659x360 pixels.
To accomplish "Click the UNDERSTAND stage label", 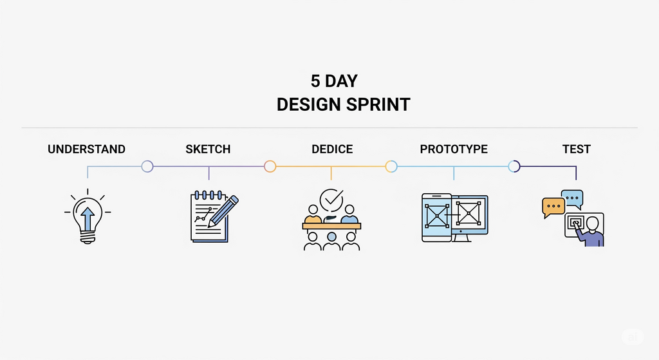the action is pyautogui.click(x=86, y=149).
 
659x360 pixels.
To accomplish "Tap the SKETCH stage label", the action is pyautogui.click(x=208, y=149).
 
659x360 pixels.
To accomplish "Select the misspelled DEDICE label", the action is pyautogui.click(x=332, y=149).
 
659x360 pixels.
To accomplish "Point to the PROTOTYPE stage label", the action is pyautogui.click(x=454, y=149).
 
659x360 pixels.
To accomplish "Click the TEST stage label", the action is pyautogui.click(x=577, y=149).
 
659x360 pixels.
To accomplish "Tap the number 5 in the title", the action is pyautogui.click(x=315, y=81).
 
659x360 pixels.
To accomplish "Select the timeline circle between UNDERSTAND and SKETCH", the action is pyautogui.click(x=147, y=167).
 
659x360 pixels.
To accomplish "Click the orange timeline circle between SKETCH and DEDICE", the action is pyautogui.click(x=270, y=167).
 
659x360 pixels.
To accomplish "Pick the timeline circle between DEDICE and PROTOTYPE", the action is pyautogui.click(x=391, y=167).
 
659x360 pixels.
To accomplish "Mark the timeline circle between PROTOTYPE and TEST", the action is pyautogui.click(x=514, y=167).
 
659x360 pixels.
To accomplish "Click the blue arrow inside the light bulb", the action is pyautogui.click(x=88, y=218).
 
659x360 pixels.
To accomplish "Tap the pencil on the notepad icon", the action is pyautogui.click(x=223, y=211).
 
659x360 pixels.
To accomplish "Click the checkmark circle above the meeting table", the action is pyautogui.click(x=331, y=200).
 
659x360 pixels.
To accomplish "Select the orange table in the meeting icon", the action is pyautogui.click(x=331, y=226).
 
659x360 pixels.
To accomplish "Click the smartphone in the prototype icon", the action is pyautogui.click(x=436, y=218).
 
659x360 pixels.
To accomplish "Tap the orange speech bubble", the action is pyautogui.click(x=553, y=207).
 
